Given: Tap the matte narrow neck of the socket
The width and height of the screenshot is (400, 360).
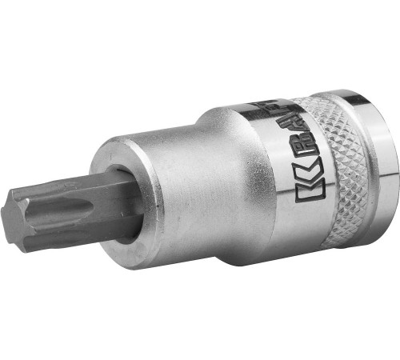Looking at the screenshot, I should point(176,192).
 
